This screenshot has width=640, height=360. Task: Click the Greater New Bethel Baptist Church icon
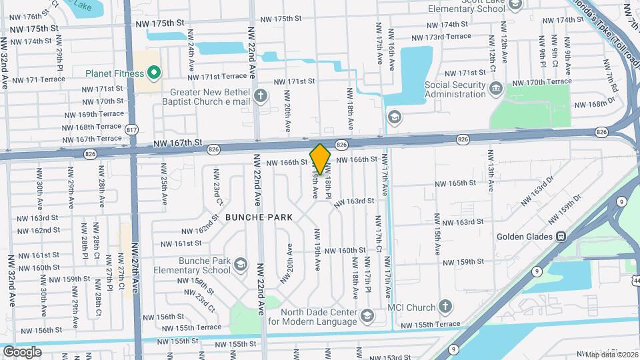pyautogui.click(x=261, y=95)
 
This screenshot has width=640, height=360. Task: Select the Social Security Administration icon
pyautogui.click(x=495, y=88)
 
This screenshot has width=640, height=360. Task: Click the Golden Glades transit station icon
pyautogui.click(x=562, y=237)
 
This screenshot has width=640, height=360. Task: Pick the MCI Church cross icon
pyautogui.click(x=445, y=307)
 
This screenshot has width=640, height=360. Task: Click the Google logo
pyautogui.click(x=22, y=351)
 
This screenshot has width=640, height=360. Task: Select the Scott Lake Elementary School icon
pyautogui.click(x=515, y=5)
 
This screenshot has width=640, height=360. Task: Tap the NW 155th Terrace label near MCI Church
pyautogui.click(x=430, y=324)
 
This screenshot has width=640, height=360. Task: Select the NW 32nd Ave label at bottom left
pyautogui.click(x=11, y=280)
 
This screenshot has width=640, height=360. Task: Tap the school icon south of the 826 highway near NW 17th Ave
pyautogui.click(x=394, y=118)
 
